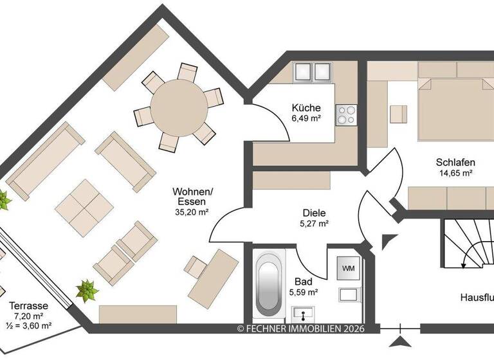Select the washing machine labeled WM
(348, 267)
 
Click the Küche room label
(306, 108)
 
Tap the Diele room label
(315, 213)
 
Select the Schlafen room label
(455, 162)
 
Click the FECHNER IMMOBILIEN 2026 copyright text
(300, 328)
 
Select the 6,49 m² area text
(306, 119)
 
